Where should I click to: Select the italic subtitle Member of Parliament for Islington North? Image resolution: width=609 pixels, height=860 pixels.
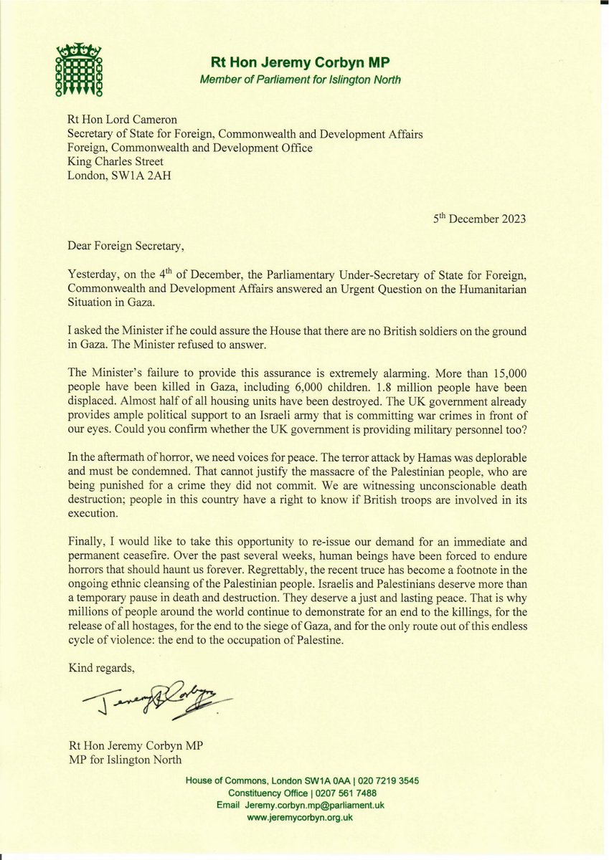click(x=300, y=79)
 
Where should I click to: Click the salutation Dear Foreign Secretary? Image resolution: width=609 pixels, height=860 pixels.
click(x=126, y=247)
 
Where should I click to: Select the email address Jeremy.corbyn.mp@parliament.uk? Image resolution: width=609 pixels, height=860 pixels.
click(x=318, y=806)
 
